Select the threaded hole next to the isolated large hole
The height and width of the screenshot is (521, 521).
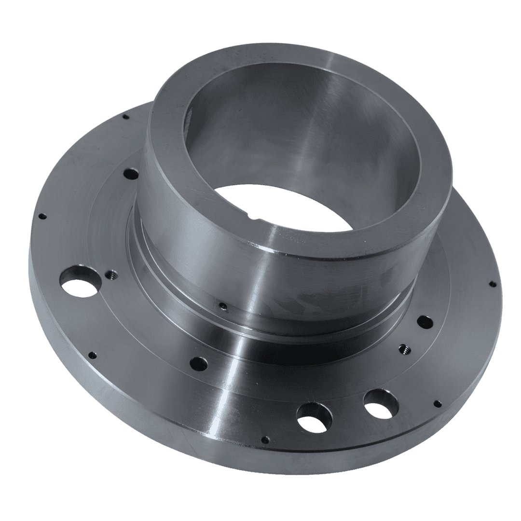pyautogui.click(x=110, y=275)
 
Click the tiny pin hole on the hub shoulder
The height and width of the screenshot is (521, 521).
pyautogui.click(x=222, y=305)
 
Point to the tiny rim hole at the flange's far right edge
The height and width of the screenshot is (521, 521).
pyautogui.click(x=492, y=284)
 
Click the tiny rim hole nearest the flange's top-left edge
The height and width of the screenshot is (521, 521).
pyautogui.click(x=125, y=116)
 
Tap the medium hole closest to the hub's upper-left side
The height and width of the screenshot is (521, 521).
pyautogui.click(x=130, y=173)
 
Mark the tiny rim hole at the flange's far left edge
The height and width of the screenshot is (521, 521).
pyautogui.click(x=42, y=216)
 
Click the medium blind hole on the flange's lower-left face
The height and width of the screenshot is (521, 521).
pyautogui.click(x=198, y=362)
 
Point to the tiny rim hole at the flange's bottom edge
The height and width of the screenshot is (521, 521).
pyautogui.click(x=265, y=439)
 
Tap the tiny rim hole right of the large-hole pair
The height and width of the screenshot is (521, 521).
pyautogui.click(x=437, y=402)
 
